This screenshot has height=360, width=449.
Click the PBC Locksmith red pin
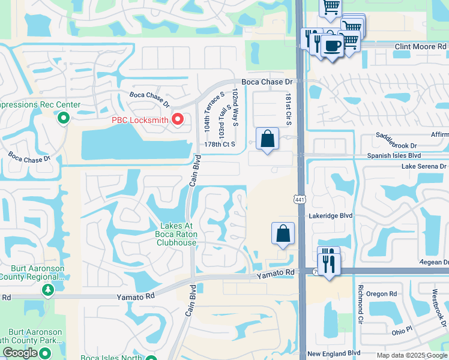pyautogui.click(x=177, y=119)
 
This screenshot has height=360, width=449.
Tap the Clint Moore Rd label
pyautogui.click(x=420, y=46)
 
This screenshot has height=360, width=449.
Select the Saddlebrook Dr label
pyautogui.click(x=396, y=145)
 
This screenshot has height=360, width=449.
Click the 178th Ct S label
pyautogui.click(x=220, y=145)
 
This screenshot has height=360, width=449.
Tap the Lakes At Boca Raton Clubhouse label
pyautogui.click(x=176, y=234)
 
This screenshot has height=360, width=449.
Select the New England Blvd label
pyautogui.click(x=334, y=354)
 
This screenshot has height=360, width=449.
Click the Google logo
pyautogui.click(x=20, y=353)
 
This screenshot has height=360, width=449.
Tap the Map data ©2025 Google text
pyautogui.click(x=411, y=355)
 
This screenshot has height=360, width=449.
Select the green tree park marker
pyautogui.click(x=47, y=290)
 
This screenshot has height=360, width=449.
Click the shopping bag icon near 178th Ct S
pyautogui.click(x=268, y=139)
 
